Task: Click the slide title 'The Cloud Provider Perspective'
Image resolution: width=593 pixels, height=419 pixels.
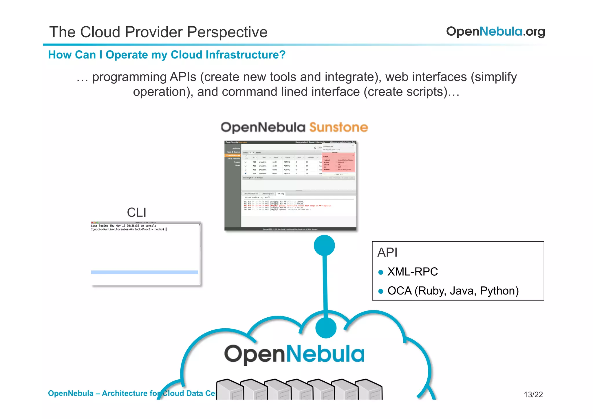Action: [x=158, y=32]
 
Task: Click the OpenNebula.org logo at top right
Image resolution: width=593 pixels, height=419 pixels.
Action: [x=495, y=32]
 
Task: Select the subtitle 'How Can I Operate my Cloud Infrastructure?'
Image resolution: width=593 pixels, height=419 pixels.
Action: [x=166, y=55]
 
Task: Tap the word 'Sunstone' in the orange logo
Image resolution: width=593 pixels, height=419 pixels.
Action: [x=338, y=127]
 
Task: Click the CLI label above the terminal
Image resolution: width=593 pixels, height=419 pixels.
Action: [x=136, y=213]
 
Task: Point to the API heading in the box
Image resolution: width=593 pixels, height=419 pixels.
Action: [x=387, y=253]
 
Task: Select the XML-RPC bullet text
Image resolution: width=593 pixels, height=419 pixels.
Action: [x=412, y=272]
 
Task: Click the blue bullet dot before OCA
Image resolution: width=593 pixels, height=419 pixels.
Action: [x=381, y=291]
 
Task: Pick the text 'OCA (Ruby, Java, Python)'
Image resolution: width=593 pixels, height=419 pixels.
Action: [x=453, y=291]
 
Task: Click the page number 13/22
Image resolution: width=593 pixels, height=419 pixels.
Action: [x=533, y=394]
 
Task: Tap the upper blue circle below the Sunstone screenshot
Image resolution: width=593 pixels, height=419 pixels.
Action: [x=324, y=245]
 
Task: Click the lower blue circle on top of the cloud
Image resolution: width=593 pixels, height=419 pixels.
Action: [x=326, y=327]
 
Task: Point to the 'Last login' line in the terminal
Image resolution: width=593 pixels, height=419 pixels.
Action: [x=124, y=226]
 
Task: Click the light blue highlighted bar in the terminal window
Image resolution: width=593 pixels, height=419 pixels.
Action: [x=144, y=272]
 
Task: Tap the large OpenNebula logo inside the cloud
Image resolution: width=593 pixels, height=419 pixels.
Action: [x=294, y=354]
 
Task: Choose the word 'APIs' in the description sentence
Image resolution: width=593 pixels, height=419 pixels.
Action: [x=183, y=77]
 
